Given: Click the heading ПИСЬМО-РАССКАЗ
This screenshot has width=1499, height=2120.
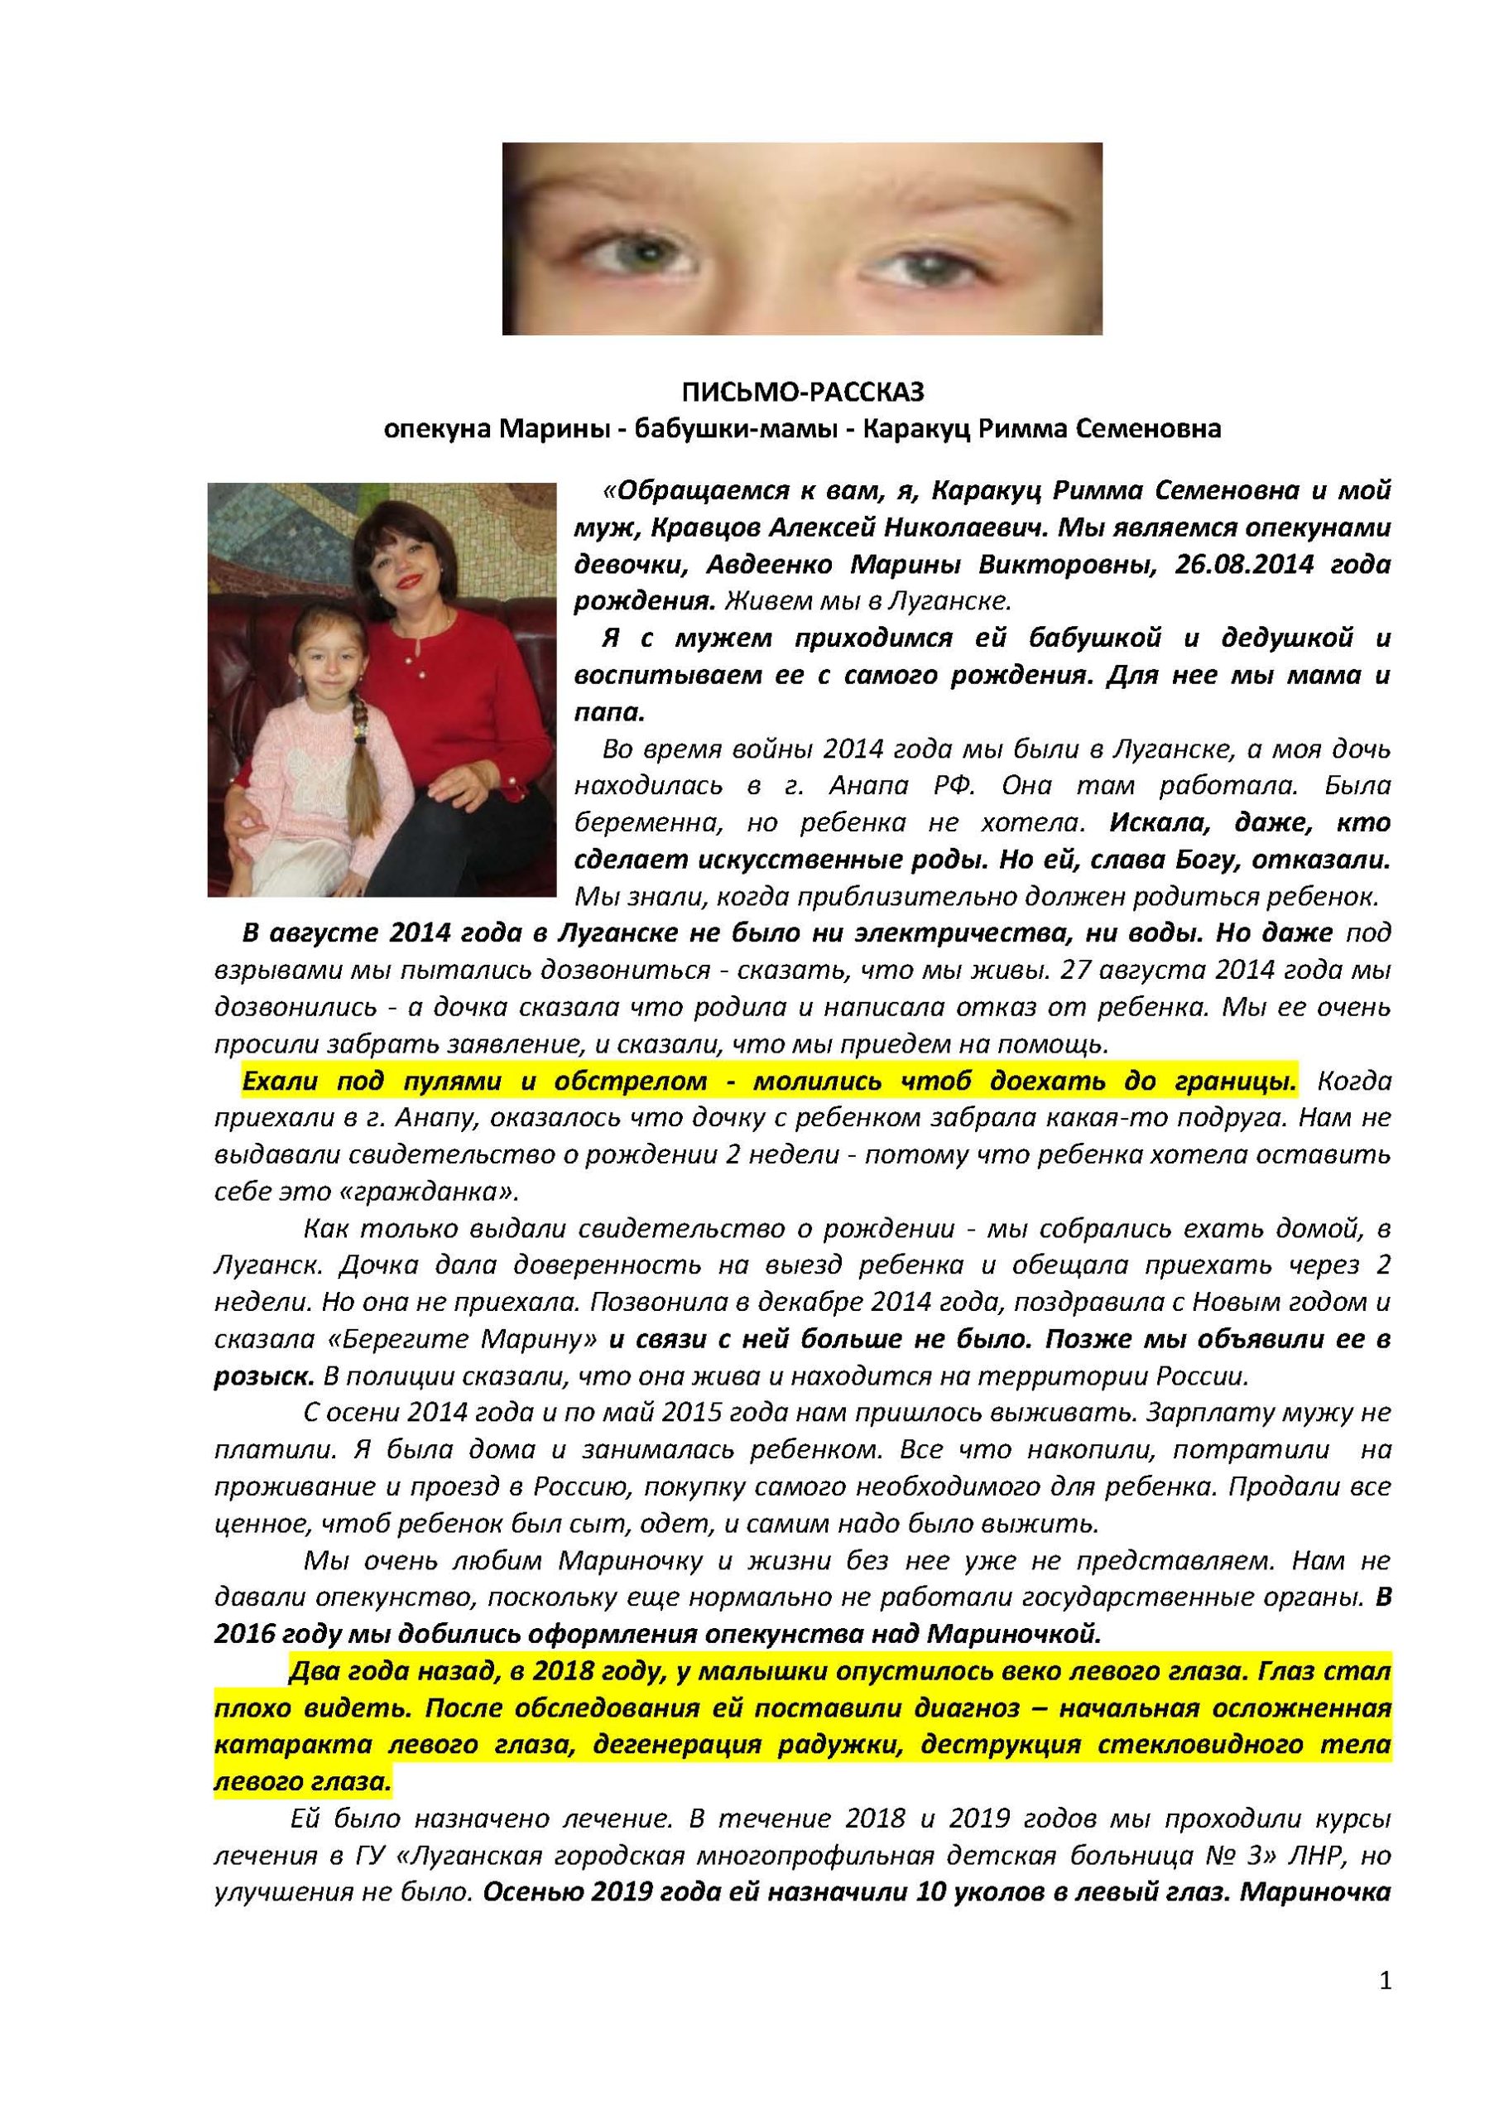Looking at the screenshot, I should [802, 393].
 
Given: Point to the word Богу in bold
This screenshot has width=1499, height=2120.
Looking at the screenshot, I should [1189, 860].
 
